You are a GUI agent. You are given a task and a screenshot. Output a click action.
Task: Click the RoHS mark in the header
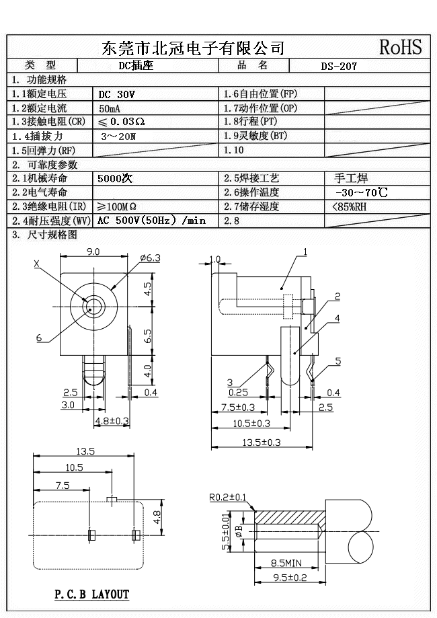[x=401, y=46]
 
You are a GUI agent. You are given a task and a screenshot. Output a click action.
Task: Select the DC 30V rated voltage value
[x=116, y=95]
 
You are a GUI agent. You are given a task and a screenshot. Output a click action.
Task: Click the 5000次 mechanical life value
[x=115, y=179]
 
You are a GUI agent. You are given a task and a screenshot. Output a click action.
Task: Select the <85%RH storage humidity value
[x=349, y=206]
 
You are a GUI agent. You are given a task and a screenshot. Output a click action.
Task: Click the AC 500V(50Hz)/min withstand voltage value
[x=151, y=221]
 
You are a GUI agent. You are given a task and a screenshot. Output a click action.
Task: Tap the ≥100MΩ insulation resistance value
[x=118, y=206]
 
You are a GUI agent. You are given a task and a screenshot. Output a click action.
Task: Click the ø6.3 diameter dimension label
[x=150, y=257]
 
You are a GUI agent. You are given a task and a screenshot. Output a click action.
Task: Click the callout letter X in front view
[x=37, y=264]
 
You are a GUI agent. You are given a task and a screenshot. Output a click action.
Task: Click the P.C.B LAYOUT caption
[x=91, y=594]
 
